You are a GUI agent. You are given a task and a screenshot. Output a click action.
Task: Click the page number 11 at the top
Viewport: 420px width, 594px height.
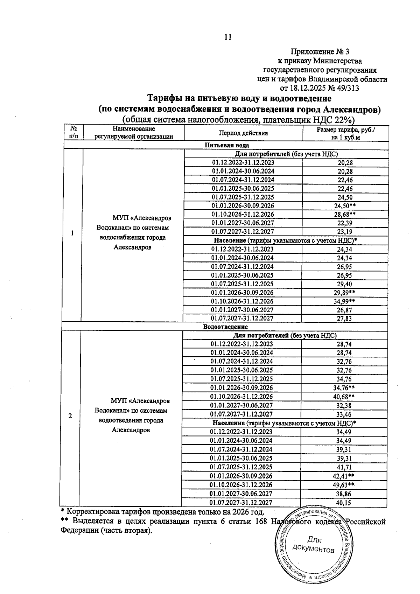(227, 37)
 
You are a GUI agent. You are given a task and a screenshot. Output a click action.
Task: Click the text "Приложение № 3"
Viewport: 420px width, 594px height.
(320, 52)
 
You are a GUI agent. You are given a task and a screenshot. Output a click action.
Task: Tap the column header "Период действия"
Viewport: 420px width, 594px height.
(243, 133)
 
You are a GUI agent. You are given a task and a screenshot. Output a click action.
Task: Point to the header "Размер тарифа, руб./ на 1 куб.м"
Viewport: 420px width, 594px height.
(345, 133)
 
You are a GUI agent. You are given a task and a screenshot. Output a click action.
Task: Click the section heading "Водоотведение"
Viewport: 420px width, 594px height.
(225, 327)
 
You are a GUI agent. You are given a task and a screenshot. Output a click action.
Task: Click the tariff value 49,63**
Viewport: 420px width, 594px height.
(345, 485)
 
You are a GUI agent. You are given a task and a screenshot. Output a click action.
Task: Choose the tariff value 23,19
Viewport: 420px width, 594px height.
(345, 232)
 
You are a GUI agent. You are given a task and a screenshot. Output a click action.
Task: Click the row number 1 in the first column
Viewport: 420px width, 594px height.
(72, 233)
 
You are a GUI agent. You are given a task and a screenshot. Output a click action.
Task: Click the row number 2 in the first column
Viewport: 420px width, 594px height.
(70, 416)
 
